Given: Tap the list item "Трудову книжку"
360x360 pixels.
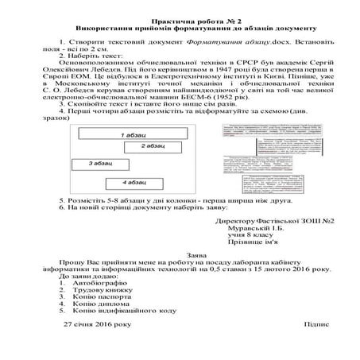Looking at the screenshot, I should [x=99, y=292].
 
